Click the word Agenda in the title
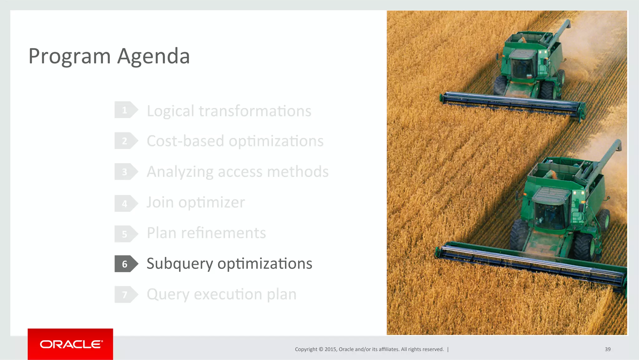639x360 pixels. (154, 57)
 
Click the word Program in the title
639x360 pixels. (70, 57)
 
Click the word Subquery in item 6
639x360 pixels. (180, 264)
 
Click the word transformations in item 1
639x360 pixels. (255, 111)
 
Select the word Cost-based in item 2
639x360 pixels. (185, 141)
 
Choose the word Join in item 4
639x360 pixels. (160, 203)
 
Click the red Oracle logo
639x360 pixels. (70, 344)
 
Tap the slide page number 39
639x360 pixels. (607, 349)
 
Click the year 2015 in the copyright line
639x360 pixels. (330, 349)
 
